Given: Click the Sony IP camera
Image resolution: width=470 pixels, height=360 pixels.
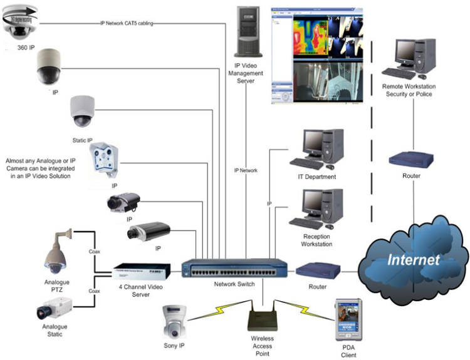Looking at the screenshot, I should click(x=174, y=320).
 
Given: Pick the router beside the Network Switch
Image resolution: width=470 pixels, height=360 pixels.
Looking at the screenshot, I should click(x=316, y=271).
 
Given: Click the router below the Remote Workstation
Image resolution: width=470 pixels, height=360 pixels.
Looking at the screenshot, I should click(x=410, y=158).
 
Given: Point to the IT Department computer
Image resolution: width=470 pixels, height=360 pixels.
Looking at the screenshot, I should click(x=320, y=149).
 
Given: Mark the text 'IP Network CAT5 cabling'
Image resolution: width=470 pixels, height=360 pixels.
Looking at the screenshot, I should click(x=127, y=23).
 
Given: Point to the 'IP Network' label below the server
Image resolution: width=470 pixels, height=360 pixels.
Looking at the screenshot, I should click(x=246, y=170).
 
